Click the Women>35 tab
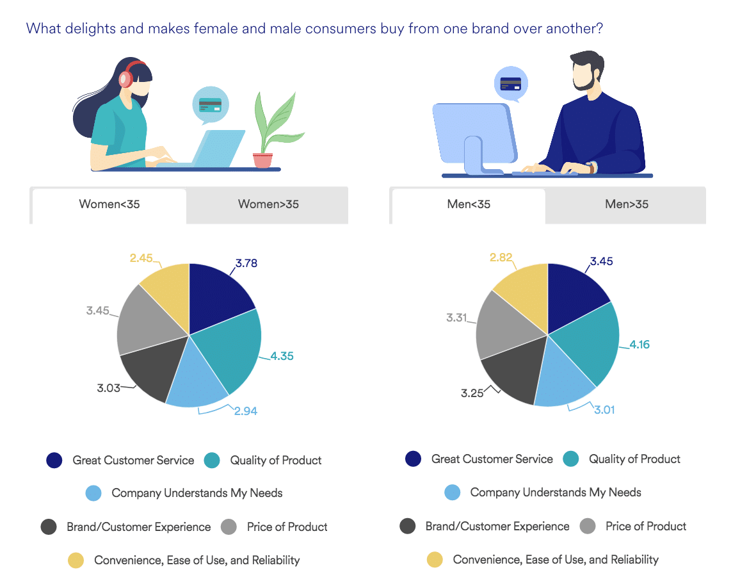click(268, 204)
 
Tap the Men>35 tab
click(626, 204)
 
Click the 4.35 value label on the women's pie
click(282, 356)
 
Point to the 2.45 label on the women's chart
click(141, 258)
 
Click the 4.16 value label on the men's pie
click(639, 345)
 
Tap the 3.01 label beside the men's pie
click(604, 410)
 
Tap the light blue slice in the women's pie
click(195, 379)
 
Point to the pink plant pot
click(262, 160)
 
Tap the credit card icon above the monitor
click(511, 84)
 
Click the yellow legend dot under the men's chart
click(435, 560)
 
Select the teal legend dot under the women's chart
click(212, 461)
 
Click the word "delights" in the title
click(90, 29)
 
